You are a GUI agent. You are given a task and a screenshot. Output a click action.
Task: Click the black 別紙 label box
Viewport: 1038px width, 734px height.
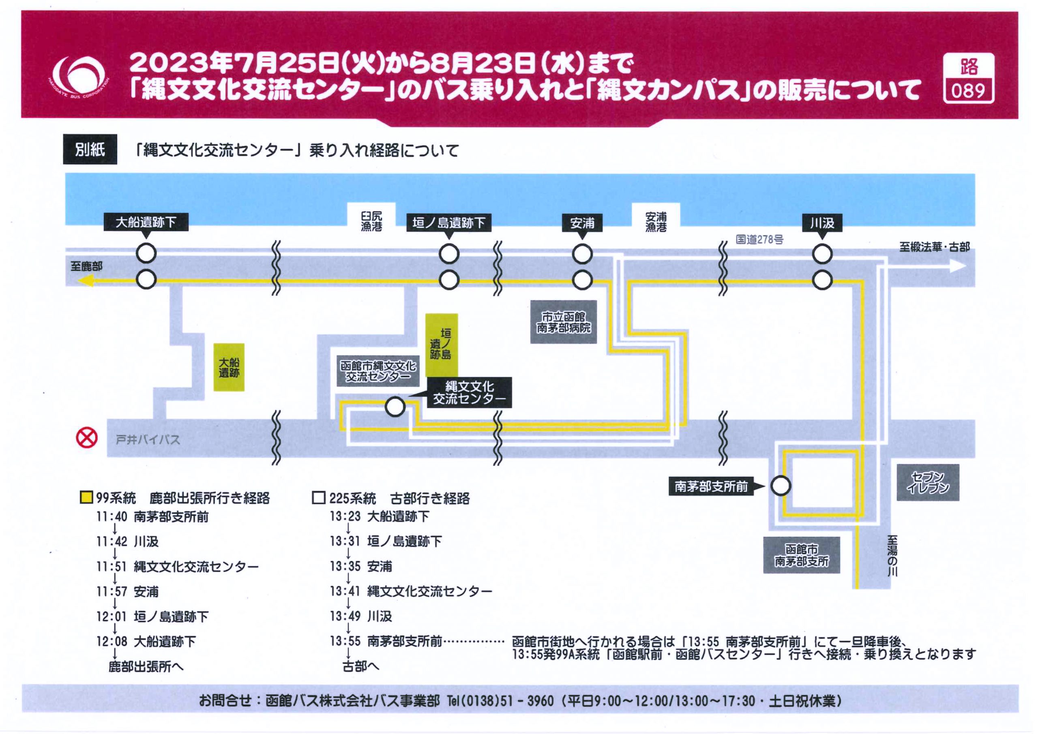coord(90,149)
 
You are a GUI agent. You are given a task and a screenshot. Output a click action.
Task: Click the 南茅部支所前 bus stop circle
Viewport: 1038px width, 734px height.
coord(780,486)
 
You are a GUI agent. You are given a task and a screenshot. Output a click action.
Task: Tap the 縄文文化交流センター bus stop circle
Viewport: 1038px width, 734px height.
coord(395,407)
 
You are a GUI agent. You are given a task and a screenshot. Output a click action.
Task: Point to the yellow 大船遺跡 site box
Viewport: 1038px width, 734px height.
coord(229,367)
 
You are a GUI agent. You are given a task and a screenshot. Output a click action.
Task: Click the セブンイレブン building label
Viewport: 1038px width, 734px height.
coord(928,482)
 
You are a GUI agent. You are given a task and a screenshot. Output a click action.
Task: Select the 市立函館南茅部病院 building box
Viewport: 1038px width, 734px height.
coord(563,322)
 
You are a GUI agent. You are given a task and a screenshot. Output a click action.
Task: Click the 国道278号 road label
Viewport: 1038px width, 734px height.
coord(759,239)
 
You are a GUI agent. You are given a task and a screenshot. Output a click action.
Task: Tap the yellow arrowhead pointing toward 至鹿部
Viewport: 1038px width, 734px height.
coord(87,281)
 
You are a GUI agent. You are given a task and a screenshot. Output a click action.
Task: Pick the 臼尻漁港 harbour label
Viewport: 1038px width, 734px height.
coord(371,221)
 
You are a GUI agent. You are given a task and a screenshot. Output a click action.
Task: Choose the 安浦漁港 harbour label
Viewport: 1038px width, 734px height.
coord(656,221)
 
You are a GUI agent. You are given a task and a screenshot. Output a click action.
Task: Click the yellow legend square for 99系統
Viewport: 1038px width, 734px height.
coord(86,498)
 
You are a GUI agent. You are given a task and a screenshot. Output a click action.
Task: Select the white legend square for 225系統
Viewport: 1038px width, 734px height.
coord(319,498)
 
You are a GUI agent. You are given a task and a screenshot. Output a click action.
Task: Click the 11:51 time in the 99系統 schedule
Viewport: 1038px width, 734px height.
coord(111,566)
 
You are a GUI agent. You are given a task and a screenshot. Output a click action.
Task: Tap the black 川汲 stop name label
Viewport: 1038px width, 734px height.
coord(822,223)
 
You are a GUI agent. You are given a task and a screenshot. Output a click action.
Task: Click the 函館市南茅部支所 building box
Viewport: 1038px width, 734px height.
coord(801,555)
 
